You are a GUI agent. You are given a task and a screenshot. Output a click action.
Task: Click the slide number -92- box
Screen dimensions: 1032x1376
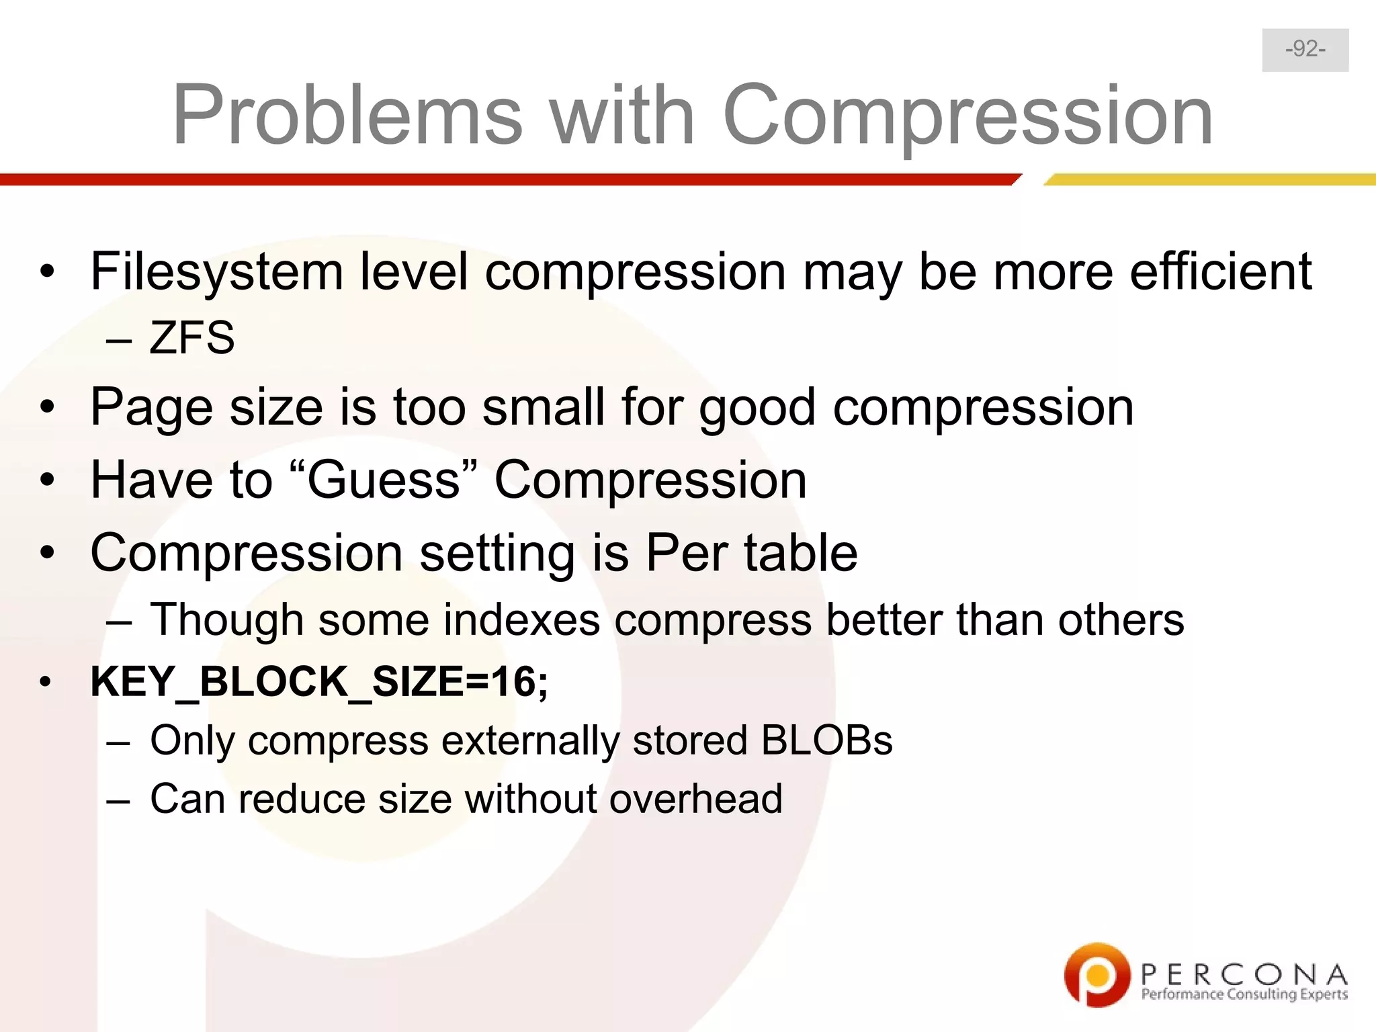pos(1305,50)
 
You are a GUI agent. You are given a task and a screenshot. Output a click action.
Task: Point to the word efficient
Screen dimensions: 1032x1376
pos(1220,271)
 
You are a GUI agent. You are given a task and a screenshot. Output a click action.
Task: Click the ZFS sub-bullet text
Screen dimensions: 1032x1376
pos(191,337)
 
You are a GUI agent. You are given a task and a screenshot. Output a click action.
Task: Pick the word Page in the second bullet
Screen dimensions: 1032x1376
pos(151,408)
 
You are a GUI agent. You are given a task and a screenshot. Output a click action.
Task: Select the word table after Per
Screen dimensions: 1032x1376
pos(800,553)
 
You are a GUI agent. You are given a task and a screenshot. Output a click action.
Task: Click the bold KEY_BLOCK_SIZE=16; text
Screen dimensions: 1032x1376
pos(319,681)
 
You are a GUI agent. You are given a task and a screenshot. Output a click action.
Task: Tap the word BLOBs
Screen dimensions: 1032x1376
pos(826,740)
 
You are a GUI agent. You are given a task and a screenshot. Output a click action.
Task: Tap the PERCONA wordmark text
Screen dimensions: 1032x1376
pos(1244,974)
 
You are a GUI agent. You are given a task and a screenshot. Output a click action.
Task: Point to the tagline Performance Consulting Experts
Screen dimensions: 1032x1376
pos(1244,994)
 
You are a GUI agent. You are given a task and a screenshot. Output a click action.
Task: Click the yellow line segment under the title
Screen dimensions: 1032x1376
pos(1209,179)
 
